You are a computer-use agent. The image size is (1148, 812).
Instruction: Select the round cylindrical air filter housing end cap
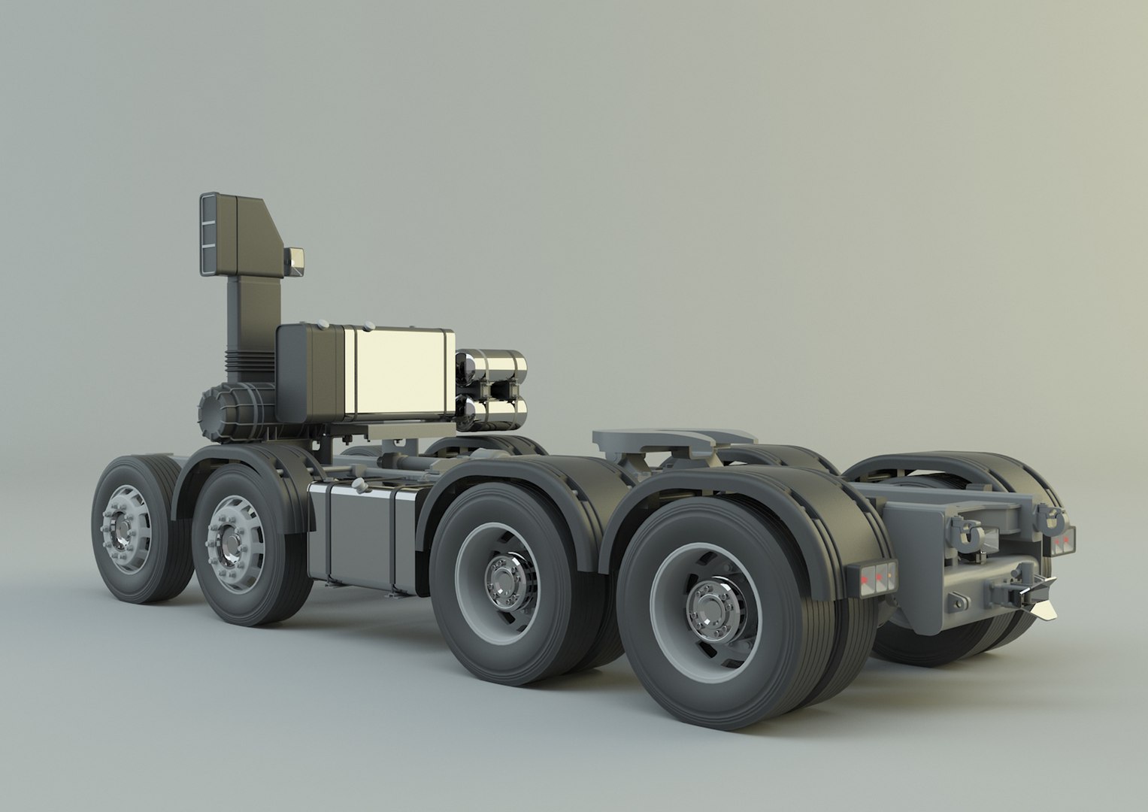coord(211,411)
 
